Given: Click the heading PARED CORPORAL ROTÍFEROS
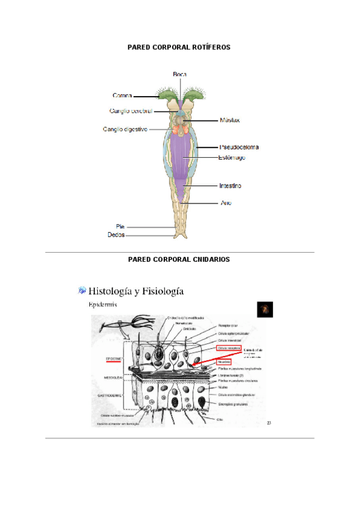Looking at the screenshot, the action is [179, 46].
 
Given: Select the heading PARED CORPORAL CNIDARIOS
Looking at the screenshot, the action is [179, 259].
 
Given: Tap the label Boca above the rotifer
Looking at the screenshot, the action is [179, 74].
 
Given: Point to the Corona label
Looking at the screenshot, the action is [122, 95].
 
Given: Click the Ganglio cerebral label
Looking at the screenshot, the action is [131, 111].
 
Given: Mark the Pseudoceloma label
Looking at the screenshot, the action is [239, 146].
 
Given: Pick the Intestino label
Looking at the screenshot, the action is [230, 186].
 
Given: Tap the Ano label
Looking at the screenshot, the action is [226, 203].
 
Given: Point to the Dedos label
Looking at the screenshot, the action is [116, 236].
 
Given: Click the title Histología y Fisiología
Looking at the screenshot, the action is [136, 292].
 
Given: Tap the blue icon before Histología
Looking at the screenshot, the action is [82, 291].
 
